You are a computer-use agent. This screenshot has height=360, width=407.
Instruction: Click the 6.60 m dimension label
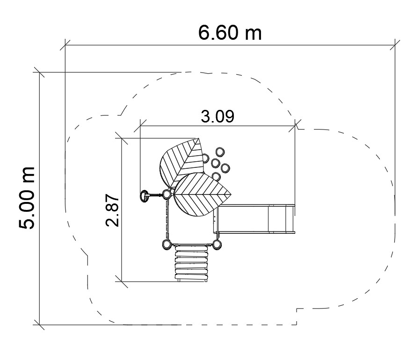[x=230, y=33]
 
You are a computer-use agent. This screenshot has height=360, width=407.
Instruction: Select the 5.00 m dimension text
[x=27, y=198]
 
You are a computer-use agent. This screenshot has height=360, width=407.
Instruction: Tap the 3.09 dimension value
[x=218, y=116]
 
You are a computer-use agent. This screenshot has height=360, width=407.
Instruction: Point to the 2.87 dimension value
[x=112, y=210]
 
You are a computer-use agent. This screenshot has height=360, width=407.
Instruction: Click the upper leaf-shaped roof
[x=182, y=162]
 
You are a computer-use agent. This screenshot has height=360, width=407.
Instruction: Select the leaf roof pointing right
[x=201, y=194]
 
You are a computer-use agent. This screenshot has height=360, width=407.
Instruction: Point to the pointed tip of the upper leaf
[x=198, y=139]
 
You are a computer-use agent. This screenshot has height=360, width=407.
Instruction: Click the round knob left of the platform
[x=144, y=196]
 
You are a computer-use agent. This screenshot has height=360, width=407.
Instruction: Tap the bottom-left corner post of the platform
[x=167, y=244]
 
